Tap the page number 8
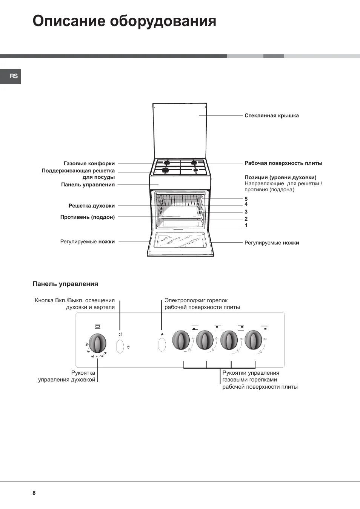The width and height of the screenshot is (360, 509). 34,493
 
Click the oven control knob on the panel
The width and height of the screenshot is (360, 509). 97,343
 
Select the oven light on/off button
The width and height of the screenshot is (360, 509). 120,346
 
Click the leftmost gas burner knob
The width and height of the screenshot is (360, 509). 181,340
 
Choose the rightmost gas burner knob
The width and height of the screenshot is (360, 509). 253,340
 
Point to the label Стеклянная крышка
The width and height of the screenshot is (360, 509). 271,116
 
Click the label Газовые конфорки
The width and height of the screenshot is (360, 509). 89,163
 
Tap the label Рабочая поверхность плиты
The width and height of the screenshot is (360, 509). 283,163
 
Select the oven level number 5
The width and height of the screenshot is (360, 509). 246,199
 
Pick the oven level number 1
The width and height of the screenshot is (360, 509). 246,225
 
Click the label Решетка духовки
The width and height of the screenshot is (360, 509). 92,206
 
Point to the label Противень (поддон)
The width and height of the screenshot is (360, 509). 88,217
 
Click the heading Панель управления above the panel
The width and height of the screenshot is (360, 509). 65,284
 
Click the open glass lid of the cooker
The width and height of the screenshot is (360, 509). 180,130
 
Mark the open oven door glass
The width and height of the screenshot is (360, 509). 180,240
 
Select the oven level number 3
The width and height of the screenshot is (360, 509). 246,212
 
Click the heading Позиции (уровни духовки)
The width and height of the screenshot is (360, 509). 280,177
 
